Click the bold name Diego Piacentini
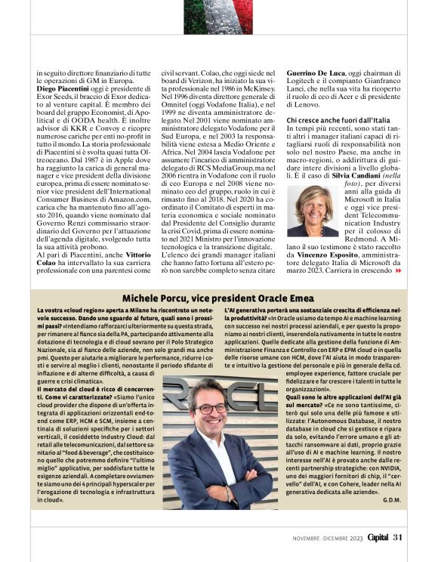click(x=62, y=88)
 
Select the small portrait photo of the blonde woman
click(x=311, y=211)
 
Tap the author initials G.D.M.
click(x=392, y=500)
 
